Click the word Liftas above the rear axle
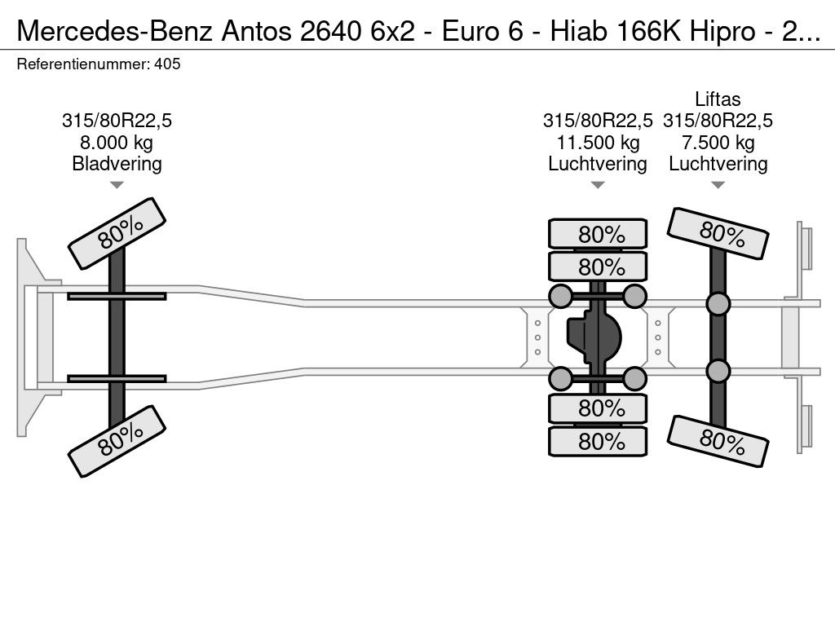(718, 99)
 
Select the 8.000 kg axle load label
(117, 143)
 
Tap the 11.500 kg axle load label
(598, 143)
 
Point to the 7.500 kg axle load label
(718, 143)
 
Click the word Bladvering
(117, 164)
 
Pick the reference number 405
(167, 64)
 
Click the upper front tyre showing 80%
(117, 233)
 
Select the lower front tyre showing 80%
(117, 441)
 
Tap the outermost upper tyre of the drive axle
(598, 233)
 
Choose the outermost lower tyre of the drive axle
(598, 441)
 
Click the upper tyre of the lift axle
(718, 233)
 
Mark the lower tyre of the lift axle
(718, 441)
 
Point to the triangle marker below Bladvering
(117, 185)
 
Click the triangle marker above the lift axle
(718, 185)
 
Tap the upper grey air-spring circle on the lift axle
(718, 304)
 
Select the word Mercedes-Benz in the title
(116, 32)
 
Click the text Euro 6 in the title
(483, 32)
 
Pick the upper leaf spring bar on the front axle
(117, 296)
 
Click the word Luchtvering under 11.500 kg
(598, 164)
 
